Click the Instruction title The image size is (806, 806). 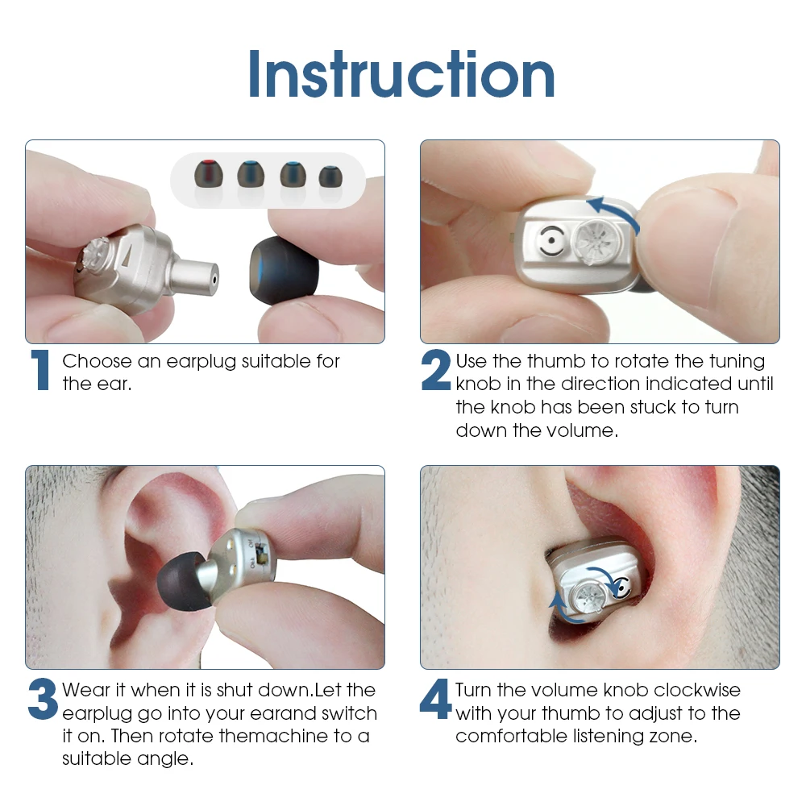(401, 73)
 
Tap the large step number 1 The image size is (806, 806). (40, 370)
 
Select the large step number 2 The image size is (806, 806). (435, 370)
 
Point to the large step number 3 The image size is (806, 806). (43, 699)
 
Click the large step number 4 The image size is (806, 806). (435, 698)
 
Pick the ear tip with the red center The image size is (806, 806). (208, 173)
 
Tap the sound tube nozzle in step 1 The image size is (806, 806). (195, 278)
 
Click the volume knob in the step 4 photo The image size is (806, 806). (587, 598)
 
